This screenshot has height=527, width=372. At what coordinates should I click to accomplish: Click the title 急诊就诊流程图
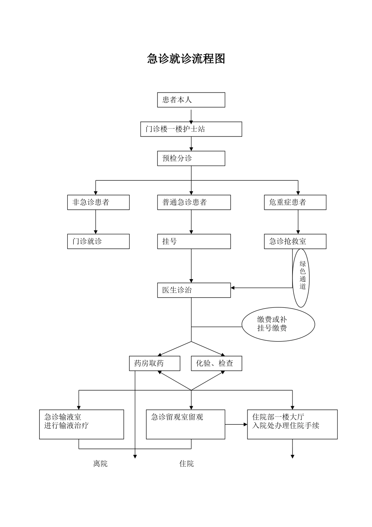coord(186,59)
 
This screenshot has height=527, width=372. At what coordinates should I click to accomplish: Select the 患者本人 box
coord(191,100)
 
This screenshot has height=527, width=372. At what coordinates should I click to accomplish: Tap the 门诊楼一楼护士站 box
coord(191,129)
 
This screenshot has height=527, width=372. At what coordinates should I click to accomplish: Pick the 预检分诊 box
coord(191,158)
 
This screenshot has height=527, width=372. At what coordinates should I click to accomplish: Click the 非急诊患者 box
coord(98,202)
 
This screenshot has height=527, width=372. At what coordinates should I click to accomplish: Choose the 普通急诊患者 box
coord(194,202)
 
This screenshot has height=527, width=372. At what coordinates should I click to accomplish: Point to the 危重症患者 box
coord(295,202)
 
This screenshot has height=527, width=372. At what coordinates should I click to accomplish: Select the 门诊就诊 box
coord(98,242)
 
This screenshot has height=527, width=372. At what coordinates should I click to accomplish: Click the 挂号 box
coord(194,242)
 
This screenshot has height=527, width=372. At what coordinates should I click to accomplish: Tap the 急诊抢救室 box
coord(295,242)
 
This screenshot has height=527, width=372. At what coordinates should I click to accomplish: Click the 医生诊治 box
coord(194,290)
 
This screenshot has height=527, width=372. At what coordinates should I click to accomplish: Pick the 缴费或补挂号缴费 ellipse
coord(278,324)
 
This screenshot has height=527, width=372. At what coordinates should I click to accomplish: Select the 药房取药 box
coord(154,363)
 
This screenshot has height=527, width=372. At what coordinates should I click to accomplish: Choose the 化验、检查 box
coord(216,363)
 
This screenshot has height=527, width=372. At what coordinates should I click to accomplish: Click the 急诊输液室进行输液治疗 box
coord(81,424)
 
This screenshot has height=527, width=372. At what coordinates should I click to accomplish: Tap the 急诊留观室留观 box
coord(185,424)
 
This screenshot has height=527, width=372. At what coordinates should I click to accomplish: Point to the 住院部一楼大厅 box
coord(292,424)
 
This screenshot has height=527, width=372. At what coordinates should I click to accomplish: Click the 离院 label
coord(100,464)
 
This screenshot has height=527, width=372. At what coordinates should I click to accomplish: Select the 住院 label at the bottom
coord(186,464)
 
